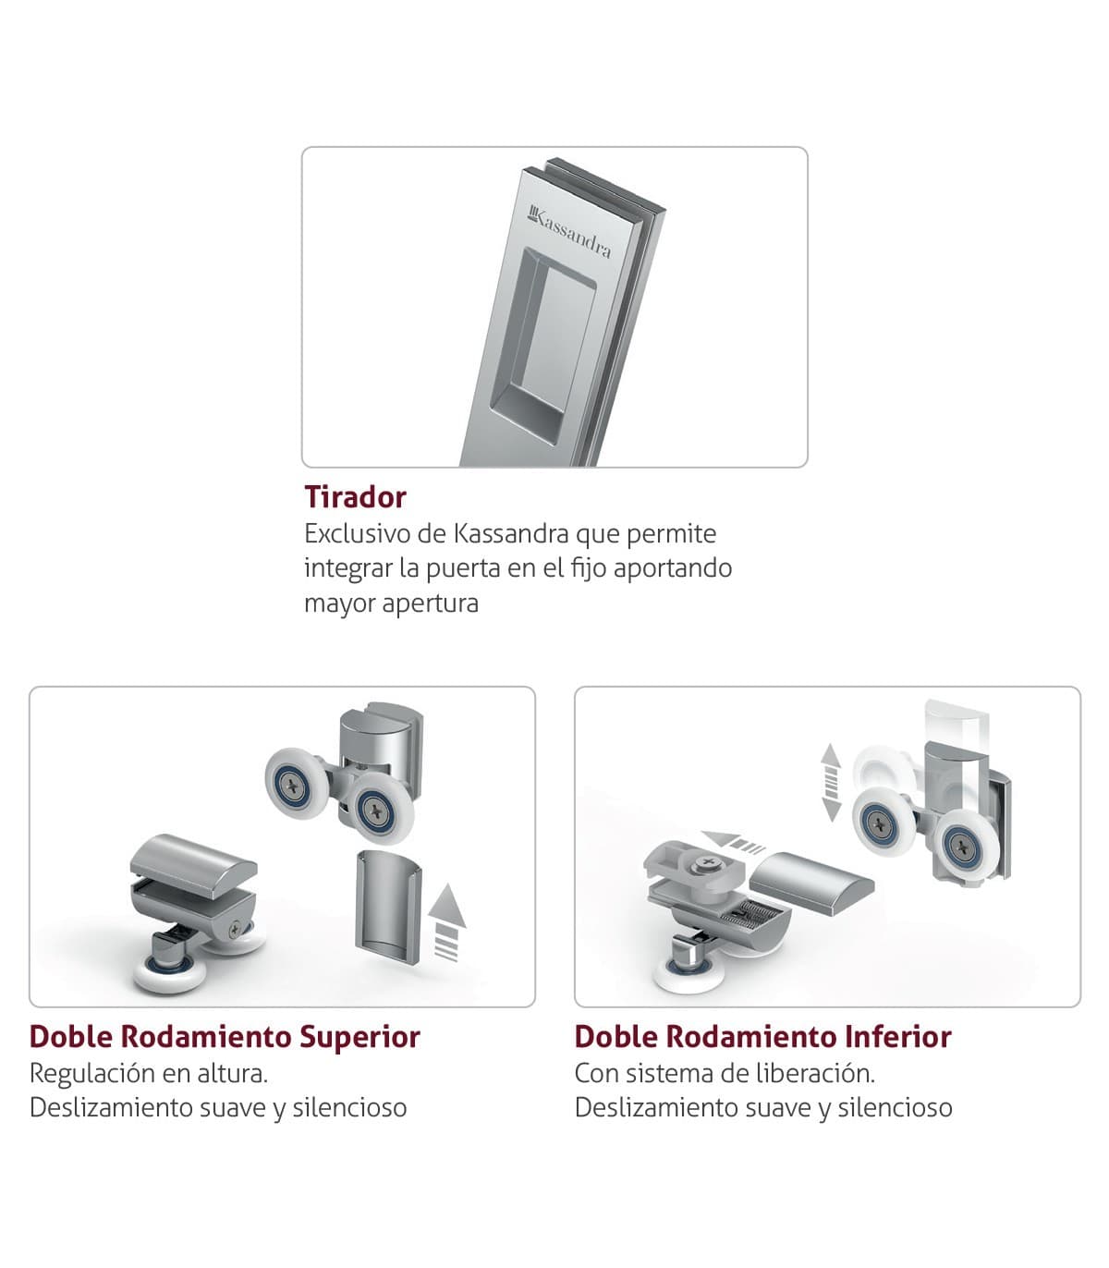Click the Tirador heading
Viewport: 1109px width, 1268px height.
pyautogui.click(x=355, y=497)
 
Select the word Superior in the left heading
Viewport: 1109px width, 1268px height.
pyautogui.click(x=360, y=1038)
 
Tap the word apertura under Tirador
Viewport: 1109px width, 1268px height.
pyautogui.click(x=430, y=604)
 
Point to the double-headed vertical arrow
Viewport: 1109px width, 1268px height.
pyautogui.click(x=831, y=782)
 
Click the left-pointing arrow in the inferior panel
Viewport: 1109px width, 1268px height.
pyautogui.click(x=734, y=842)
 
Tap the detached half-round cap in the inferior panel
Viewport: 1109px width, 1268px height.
pyautogui.click(x=811, y=882)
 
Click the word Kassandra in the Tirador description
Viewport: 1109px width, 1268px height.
pyautogui.click(x=511, y=533)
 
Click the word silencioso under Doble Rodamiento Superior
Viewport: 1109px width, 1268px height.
pyautogui.click(x=350, y=1107)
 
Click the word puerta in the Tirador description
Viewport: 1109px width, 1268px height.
pyautogui.click(x=463, y=569)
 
